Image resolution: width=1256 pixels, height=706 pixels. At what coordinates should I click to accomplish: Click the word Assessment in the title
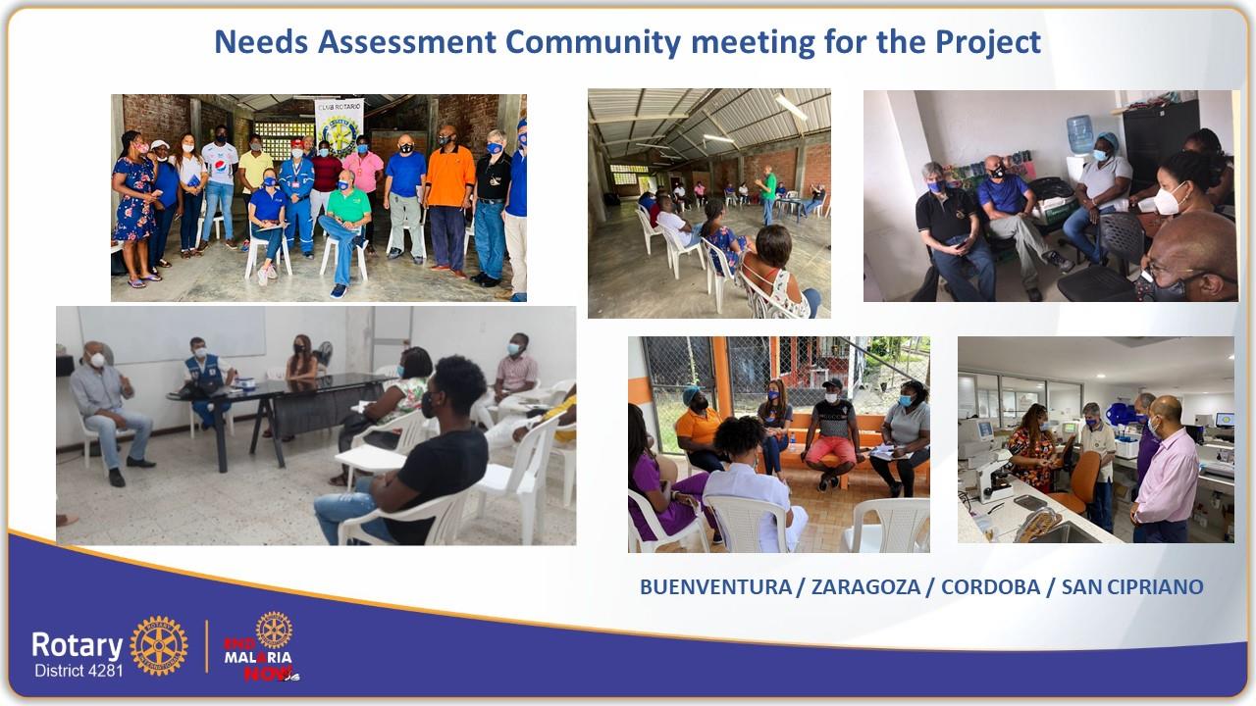click(x=406, y=42)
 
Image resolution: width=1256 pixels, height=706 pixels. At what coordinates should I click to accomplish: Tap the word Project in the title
click(x=988, y=43)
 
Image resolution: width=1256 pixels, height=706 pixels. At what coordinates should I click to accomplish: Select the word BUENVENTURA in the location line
click(x=715, y=586)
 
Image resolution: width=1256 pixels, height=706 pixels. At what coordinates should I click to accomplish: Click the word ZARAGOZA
click(x=865, y=586)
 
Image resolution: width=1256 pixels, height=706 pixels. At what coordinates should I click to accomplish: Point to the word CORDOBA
click(x=990, y=586)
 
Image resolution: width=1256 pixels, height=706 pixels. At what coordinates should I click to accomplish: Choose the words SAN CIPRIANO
click(x=1132, y=586)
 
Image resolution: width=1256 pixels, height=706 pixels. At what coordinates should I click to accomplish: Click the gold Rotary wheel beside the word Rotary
click(x=159, y=645)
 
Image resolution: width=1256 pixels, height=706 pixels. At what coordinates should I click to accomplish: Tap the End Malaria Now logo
click(x=262, y=646)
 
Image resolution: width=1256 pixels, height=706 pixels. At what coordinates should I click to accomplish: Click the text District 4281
click(x=78, y=671)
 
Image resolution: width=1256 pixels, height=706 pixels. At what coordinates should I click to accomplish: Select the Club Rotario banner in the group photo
click(x=339, y=126)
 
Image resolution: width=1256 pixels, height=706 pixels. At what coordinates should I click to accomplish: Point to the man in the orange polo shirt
click(x=449, y=202)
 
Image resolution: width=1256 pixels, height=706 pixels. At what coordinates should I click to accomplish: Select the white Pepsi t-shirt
click(x=220, y=163)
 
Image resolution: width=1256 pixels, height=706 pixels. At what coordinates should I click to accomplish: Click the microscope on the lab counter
click(x=992, y=478)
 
